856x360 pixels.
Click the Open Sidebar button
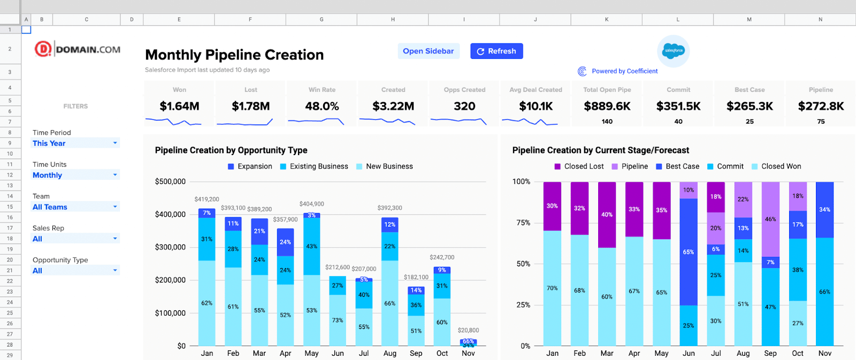428,51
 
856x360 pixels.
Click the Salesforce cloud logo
673,51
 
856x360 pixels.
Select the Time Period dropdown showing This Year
75,143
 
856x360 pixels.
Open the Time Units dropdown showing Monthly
75,175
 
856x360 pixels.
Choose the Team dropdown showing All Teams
75,207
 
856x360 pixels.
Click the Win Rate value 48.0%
322,106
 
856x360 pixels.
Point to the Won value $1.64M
179,106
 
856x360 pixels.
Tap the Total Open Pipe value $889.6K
607,106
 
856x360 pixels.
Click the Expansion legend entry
250,166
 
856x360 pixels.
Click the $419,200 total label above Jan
207,200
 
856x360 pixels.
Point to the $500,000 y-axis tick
170,182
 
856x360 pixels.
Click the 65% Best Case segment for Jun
689,252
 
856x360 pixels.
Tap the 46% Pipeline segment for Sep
770,219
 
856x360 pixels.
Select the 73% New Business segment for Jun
338,320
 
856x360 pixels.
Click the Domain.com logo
78,50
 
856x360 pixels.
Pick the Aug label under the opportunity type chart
390,354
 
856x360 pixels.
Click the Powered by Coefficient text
624,71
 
